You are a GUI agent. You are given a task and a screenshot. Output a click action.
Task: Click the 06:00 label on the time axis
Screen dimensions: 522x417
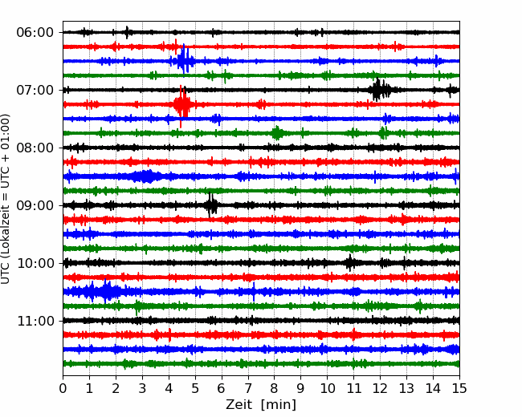pos(35,33)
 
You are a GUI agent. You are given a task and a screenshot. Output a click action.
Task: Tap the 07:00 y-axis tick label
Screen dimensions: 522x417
pos(35,90)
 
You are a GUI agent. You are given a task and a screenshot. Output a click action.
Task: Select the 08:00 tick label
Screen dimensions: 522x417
pos(35,148)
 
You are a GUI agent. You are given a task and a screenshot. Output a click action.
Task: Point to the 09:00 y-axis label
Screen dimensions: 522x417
pos(35,205)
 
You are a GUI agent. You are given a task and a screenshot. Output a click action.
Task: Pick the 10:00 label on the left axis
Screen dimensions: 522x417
pos(35,263)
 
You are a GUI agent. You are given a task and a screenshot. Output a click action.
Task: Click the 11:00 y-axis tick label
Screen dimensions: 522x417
pos(35,321)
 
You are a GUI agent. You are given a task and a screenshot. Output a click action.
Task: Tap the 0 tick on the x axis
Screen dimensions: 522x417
pos(63,388)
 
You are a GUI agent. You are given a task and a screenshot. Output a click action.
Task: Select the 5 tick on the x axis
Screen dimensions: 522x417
pos(195,388)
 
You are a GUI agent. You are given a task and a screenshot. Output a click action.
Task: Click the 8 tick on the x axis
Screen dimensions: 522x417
pos(275,388)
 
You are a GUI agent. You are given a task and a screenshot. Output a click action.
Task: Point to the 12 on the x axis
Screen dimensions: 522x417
pos(380,388)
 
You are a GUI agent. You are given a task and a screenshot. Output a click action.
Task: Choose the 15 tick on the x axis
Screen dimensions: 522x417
pos(459,388)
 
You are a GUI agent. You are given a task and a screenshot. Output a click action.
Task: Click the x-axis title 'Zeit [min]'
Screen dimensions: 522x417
pos(261,405)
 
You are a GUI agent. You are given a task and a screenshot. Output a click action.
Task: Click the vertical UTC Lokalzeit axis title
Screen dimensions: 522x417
pos(5,199)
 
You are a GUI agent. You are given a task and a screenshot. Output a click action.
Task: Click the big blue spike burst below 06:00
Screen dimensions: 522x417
pos(184,60)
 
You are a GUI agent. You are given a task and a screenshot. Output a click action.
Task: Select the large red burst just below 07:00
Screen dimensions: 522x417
pos(182,105)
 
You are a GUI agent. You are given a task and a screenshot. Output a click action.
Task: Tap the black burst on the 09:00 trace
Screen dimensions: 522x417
pos(211,204)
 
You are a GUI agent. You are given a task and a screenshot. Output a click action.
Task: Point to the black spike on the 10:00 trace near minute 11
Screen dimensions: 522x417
pos(349,263)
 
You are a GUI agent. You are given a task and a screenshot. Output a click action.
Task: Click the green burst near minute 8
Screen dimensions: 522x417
pos(277,133)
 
